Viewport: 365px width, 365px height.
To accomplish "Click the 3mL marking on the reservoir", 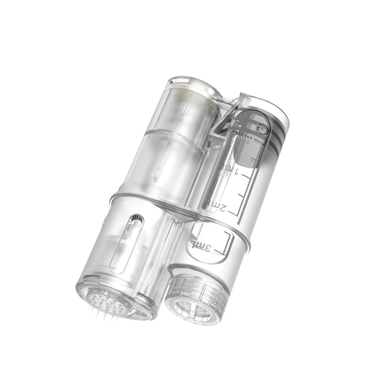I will [x=202, y=246].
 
